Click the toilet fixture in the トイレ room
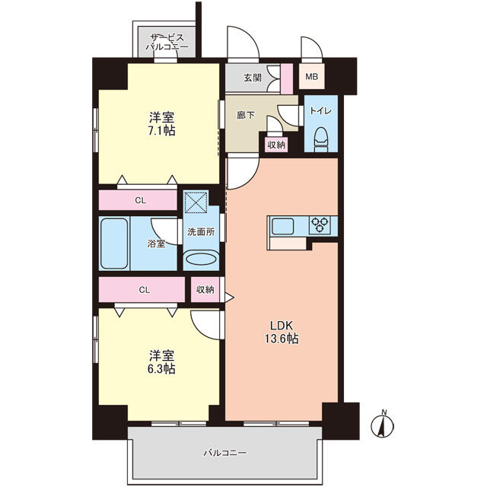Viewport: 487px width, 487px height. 321,140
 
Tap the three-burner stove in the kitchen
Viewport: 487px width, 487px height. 320,225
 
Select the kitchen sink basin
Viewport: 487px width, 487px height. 282,227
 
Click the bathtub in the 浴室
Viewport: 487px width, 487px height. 115,243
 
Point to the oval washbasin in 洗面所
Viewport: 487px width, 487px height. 201,259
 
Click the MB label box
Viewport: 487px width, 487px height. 311,76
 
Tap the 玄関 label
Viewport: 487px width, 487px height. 252,78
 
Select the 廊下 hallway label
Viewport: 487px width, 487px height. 245,116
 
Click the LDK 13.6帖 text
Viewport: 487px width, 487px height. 282,332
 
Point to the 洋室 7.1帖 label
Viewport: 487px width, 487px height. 161,124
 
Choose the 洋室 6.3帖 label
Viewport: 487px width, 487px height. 161,362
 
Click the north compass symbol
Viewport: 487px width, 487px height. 383,425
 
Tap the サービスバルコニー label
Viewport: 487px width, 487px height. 167,43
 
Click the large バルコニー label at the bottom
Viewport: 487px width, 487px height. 225,453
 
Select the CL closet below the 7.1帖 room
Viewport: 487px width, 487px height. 138,200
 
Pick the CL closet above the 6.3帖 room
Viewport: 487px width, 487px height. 142,289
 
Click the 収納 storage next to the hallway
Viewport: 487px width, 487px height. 276,145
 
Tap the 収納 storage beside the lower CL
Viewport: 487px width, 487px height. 205,289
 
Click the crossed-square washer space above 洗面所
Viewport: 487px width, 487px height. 196,202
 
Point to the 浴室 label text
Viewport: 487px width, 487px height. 156,243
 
